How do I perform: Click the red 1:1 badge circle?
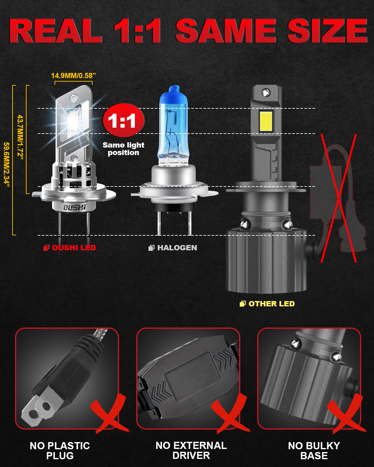click(123, 120)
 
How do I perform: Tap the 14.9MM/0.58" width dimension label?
click(73, 76)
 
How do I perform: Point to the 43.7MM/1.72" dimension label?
click(20, 137)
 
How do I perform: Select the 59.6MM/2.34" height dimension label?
click(7, 165)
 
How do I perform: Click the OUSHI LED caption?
click(74, 248)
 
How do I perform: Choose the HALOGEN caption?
click(177, 248)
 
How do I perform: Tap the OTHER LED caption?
click(271, 304)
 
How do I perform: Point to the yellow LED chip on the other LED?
click(266, 121)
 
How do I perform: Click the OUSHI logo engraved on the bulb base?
click(75, 207)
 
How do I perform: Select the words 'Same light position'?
click(123, 149)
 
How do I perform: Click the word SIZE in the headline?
click(327, 31)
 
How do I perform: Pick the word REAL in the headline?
click(56, 31)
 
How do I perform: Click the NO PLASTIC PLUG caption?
click(60, 450)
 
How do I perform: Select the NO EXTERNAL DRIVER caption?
click(191, 450)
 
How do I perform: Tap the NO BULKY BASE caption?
click(314, 450)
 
